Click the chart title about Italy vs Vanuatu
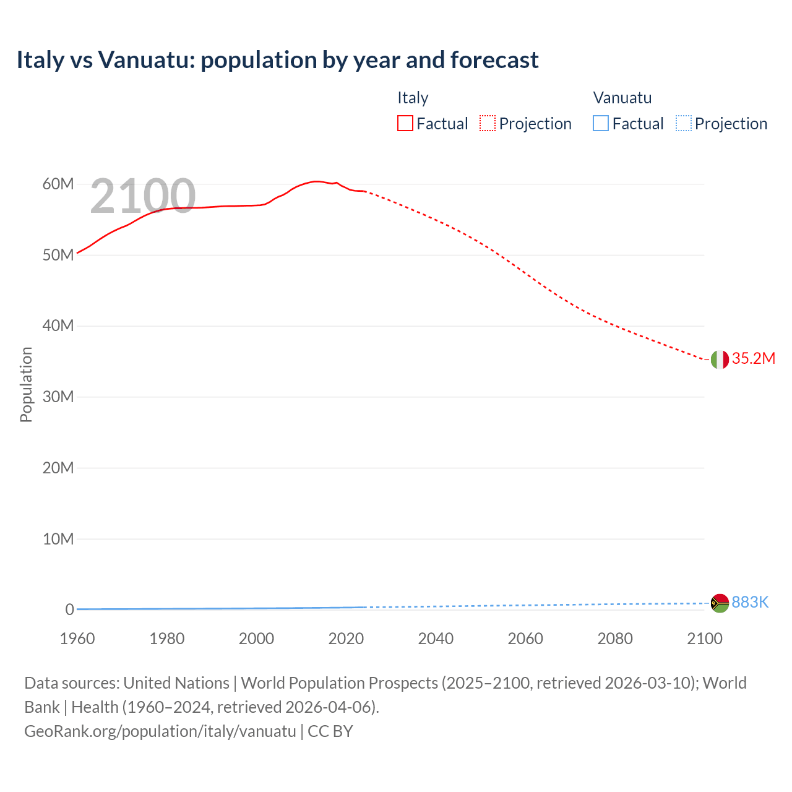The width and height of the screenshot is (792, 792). click(277, 60)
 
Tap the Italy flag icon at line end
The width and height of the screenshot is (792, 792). click(720, 359)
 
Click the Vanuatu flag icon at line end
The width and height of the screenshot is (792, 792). click(720, 603)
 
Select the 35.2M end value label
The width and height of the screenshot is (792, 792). click(753, 359)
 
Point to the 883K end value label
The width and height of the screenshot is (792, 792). click(750, 603)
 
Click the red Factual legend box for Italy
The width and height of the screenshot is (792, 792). click(405, 124)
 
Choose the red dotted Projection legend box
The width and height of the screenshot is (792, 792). click(488, 124)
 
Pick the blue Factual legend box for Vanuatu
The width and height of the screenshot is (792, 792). click(601, 124)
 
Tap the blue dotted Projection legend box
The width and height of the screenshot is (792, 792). click(684, 124)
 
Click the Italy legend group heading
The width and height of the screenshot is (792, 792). click(413, 98)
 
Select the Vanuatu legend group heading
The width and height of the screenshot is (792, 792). click(622, 98)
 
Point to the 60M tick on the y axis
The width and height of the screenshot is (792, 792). click(58, 184)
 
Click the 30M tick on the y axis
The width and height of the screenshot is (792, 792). click(58, 397)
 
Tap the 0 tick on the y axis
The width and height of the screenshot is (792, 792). click(69, 610)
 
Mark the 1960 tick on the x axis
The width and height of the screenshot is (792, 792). click(77, 639)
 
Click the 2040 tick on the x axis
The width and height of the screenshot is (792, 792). click(436, 639)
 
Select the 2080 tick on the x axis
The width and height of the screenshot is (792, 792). click(615, 639)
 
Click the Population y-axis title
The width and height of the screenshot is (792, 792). click(26, 384)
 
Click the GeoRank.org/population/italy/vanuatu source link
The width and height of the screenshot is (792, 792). click(160, 731)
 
